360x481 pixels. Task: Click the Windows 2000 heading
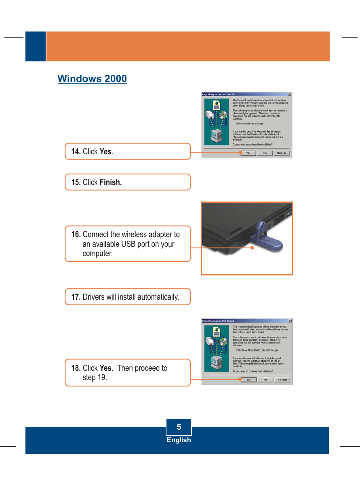coord(92,78)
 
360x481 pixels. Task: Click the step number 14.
coord(76,151)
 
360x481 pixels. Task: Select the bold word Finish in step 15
coord(110,182)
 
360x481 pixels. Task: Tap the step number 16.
coord(76,235)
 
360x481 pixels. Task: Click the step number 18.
coord(76,368)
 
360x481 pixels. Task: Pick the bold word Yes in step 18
coord(105,368)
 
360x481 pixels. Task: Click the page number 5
coord(179,427)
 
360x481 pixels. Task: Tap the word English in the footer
coord(179,440)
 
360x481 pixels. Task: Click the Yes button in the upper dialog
coord(248,153)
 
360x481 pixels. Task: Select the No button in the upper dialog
coord(265,153)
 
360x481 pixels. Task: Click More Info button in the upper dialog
coord(281,153)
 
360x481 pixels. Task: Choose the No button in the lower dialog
coord(265,380)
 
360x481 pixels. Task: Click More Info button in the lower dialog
coord(281,380)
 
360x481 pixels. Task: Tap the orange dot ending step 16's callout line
coord(251,248)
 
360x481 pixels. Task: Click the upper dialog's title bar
coord(246,95)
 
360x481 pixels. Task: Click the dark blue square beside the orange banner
coord(36,46)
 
